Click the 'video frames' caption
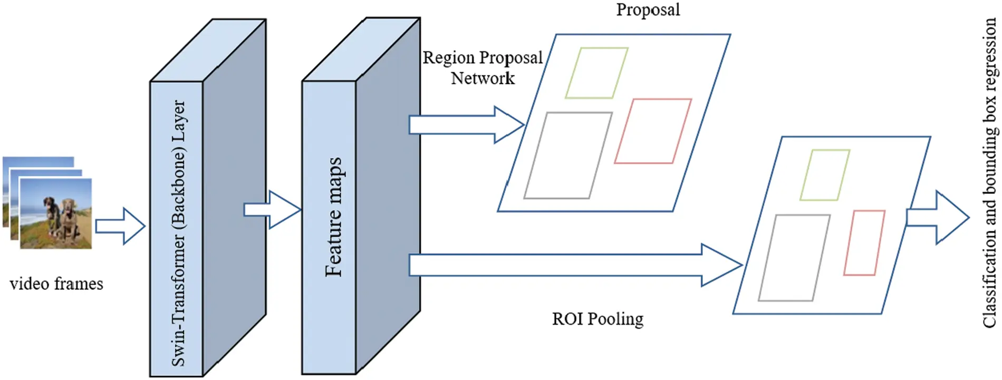56,284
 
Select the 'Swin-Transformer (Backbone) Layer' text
179,233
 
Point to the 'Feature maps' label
333,217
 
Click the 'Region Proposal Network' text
483,67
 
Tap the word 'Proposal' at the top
648,9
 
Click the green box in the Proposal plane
596,73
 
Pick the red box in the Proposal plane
653,131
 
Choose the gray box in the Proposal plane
568,155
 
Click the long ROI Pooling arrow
575,265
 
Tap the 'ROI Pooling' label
598,319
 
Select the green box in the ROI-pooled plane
824,175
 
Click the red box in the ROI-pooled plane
864,242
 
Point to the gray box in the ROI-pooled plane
794,258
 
